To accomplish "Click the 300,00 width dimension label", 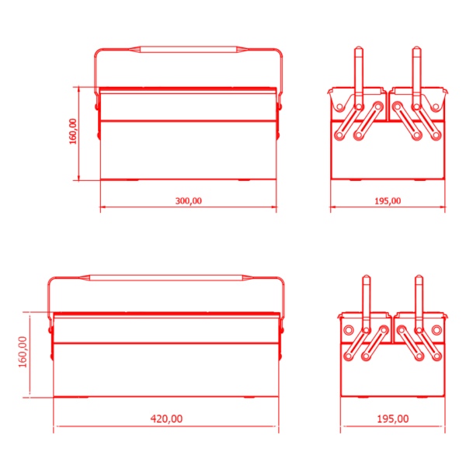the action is tap(189, 201).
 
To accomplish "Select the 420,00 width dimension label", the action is tap(166, 419).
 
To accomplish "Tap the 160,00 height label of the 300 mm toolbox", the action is tap(73, 131).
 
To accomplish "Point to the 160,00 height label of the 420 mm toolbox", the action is tap(23, 352).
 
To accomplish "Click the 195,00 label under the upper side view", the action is tap(388, 201).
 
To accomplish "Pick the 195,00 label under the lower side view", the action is tap(392, 419).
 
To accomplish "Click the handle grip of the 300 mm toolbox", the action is tap(189, 50).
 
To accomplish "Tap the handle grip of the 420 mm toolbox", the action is tap(166, 278).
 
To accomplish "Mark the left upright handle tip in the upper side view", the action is tap(359, 47).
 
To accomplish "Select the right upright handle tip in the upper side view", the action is tap(416, 47).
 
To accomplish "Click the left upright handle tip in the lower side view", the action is tap(367, 276).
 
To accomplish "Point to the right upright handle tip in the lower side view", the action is tap(419, 276).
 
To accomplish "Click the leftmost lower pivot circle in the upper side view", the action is tap(339, 135).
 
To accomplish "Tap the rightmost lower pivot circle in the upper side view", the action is tap(436, 135).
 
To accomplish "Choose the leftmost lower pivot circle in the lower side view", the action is tap(348, 356).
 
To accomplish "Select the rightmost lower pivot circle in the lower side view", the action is tap(437, 356).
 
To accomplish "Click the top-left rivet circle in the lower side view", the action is tap(349, 330).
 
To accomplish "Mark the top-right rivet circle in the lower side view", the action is tap(436, 330).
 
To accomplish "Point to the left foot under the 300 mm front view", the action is tap(130, 180).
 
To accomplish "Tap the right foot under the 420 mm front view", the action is tap(249, 397).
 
